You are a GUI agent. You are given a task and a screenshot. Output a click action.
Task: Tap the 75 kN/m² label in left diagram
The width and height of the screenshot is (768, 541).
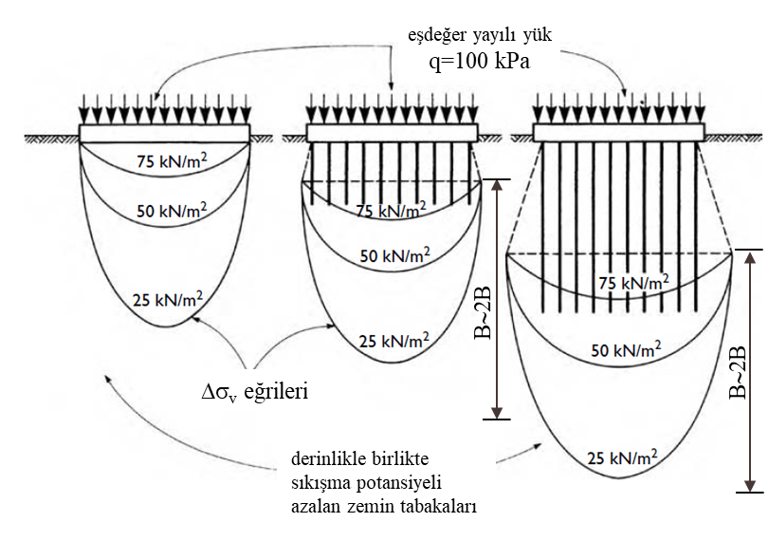click(172, 159)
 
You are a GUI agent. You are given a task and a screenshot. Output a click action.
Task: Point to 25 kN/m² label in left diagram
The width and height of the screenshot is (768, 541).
click(169, 301)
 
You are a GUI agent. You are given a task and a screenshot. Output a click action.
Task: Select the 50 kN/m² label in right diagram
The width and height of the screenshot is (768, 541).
click(626, 350)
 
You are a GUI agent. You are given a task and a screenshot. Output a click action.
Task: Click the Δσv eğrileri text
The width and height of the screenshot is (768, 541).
click(250, 389)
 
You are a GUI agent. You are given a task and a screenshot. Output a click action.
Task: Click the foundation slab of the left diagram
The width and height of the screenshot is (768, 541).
click(165, 133)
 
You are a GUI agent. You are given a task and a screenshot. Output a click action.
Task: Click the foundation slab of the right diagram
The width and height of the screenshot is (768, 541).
click(616, 132)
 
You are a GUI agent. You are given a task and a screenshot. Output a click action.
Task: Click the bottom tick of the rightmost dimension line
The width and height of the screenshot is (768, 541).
click(749, 492)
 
